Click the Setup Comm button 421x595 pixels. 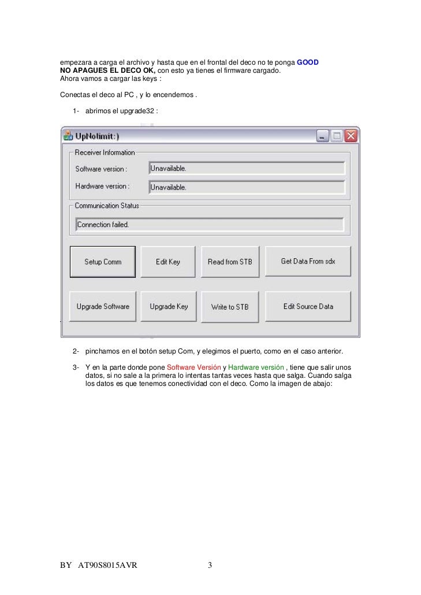[x=103, y=262]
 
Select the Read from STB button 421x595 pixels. [x=230, y=262]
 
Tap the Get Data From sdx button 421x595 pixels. [x=308, y=261]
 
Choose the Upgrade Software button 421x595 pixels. [x=103, y=307]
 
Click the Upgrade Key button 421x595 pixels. [x=169, y=307]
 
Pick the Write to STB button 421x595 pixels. [x=230, y=307]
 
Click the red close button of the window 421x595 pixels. [x=351, y=136]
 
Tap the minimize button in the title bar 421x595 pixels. [x=322, y=136]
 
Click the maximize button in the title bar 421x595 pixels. [x=337, y=136]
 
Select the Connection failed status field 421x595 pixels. [x=209, y=224]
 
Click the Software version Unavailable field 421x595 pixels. [x=247, y=168]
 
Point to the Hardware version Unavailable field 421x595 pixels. [x=247, y=187]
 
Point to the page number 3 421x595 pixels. [x=210, y=565]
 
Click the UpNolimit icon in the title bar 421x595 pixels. [x=68, y=136]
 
